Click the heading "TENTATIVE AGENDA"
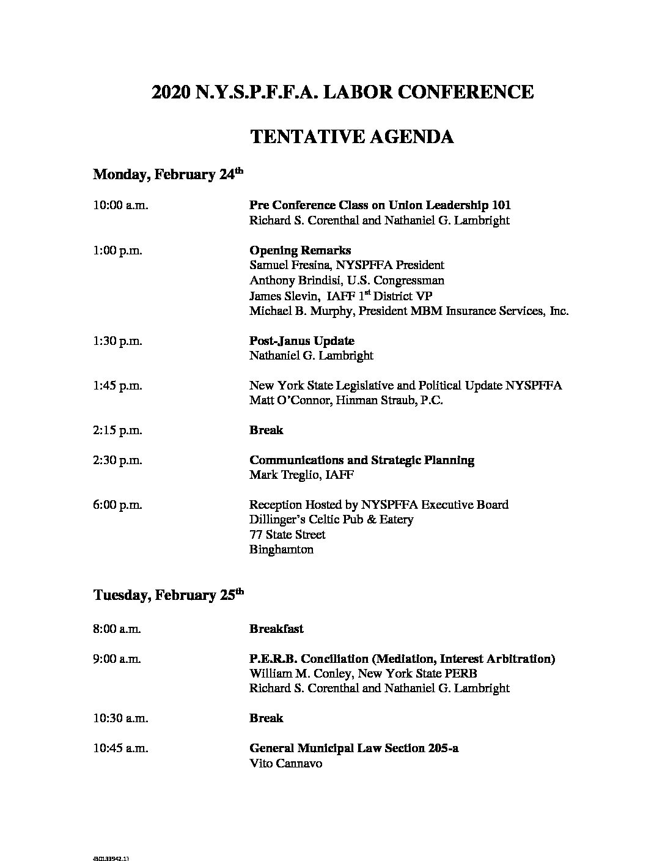point(351,136)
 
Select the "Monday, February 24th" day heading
point(168,175)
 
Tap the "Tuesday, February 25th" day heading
point(168,595)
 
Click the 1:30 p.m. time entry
point(117,341)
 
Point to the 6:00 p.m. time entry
point(117,505)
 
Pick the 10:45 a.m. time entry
point(120,748)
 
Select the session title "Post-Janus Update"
point(301,341)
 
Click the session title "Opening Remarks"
point(299,251)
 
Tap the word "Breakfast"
point(276,629)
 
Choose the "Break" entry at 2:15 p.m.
point(266,430)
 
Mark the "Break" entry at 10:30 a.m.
point(266,718)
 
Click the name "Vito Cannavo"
point(285,764)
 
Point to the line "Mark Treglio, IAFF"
point(301,475)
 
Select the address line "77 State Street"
point(287,535)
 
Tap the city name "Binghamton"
point(281,550)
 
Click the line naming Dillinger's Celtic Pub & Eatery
point(331,520)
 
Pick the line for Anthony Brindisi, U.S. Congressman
point(347,281)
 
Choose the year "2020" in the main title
point(171,92)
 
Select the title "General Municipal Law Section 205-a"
point(354,748)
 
